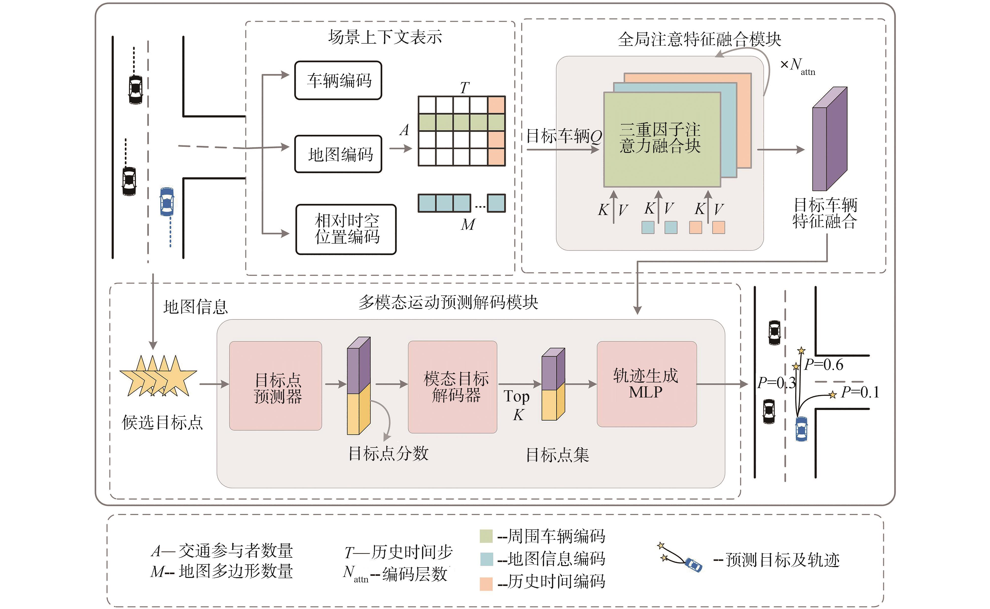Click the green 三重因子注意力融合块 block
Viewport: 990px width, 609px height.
(661, 139)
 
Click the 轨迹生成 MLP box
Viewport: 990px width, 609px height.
(646, 383)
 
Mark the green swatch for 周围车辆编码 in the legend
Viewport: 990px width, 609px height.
(486, 536)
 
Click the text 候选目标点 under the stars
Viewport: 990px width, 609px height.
(162, 422)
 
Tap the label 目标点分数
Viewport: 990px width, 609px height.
(388, 453)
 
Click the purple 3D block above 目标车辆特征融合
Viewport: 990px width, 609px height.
(829, 139)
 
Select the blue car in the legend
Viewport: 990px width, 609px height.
(693, 565)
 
